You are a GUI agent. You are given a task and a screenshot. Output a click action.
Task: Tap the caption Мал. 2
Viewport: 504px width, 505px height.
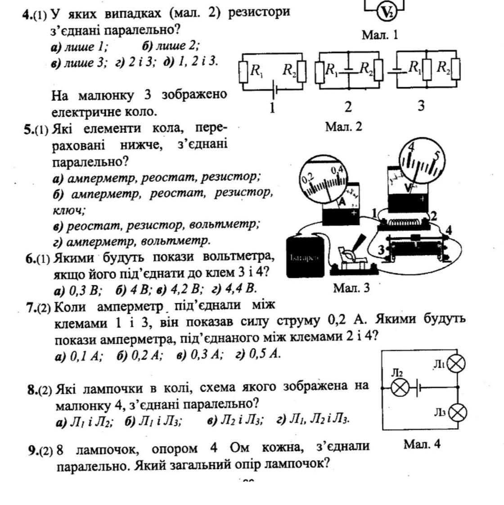point(343,127)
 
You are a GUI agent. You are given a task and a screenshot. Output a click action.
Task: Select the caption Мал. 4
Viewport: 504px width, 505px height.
point(422,444)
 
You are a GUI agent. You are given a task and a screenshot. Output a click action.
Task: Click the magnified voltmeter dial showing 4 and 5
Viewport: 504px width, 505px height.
point(422,162)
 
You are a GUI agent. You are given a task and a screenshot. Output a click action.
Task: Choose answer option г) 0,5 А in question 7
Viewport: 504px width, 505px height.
point(258,354)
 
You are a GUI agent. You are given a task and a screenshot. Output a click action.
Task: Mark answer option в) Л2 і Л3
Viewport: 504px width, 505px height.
point(236,420)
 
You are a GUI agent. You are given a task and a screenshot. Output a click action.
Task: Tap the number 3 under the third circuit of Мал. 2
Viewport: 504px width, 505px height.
point(421,106)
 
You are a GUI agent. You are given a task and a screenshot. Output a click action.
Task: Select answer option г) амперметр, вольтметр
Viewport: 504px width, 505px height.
point(131,241)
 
